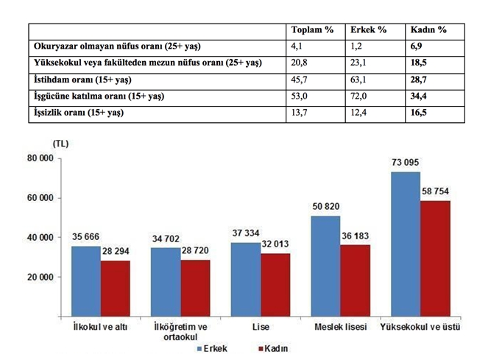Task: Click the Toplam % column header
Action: pos(312,30)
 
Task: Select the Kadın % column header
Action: pos(429,30)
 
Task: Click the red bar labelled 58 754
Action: pos(435,258)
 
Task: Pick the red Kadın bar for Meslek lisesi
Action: pos(355,280)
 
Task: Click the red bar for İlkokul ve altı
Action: pos(116,288)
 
